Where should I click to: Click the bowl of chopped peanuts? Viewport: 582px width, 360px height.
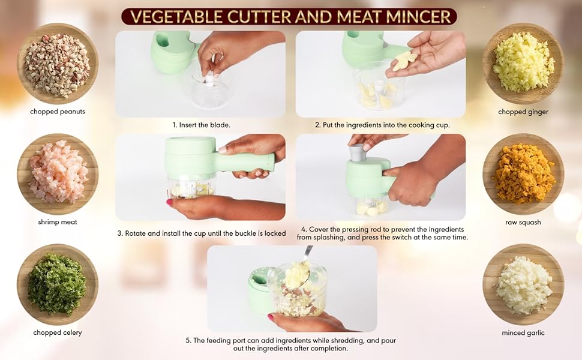pos(58,64)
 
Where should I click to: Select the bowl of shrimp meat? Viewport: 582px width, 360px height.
pos(58,173)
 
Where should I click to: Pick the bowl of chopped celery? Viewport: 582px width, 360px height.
pos(58,284)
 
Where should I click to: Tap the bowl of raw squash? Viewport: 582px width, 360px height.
pos(523,173)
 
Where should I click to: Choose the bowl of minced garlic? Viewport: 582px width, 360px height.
pos(523,284)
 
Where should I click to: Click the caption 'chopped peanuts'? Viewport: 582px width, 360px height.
pos(58,112)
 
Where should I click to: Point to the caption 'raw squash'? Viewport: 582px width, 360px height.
pos(523,222)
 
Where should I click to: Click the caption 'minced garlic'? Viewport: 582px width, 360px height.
pos(523,332)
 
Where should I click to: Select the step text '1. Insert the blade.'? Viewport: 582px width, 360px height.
pos(201,125)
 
